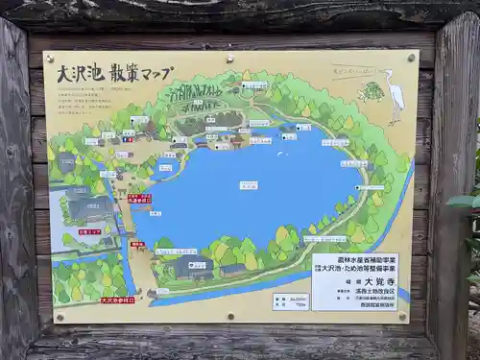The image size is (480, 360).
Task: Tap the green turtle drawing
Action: [x=371, y=92]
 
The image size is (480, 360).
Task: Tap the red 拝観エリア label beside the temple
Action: [x=91, y=232]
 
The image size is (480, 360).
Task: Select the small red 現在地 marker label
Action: [x=137, y=244]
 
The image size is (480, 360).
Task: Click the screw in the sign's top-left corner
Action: [x=51, y=60]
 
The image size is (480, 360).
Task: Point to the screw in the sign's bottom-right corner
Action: [x=402, y=316]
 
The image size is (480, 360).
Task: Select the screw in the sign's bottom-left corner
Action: [x=60, y=316]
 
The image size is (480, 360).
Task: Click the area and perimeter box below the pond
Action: [x=291, y=301]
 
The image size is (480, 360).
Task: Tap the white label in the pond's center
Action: [x=249, y=185]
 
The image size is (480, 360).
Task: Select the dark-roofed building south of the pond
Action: [x=192, y=266]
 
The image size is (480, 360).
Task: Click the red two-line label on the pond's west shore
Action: [x=139, y=199]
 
